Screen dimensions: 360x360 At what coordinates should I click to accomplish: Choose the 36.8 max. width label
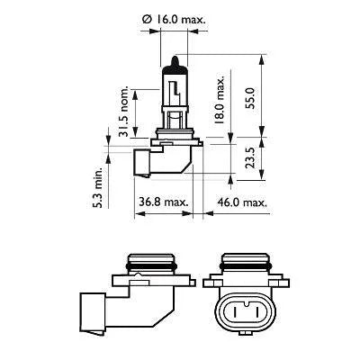pyautogui.click(x=163, y=202)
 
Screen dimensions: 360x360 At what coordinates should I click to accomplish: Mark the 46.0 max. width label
pyautogui.click(x=244, y=202)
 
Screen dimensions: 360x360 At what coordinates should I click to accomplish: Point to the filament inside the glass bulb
pyautogui.click(x=171, y=90)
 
